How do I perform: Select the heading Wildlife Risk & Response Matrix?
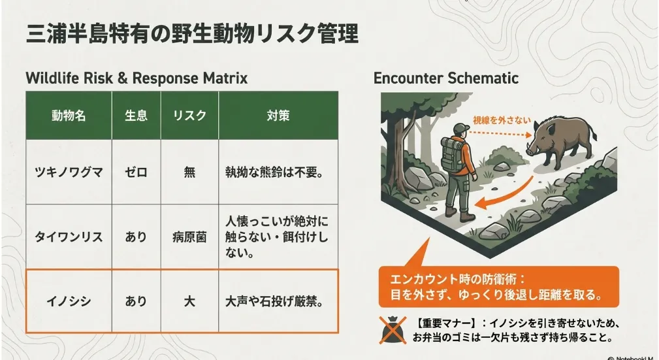point(137,78)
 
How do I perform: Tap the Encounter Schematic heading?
point(446,78)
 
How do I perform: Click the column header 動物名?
point(69,115)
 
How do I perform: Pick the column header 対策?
point(278,115)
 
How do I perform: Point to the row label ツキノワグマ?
point(69,172)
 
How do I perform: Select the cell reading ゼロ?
point(136,172)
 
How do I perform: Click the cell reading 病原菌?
point(189,237)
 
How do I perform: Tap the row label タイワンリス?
point(69,237)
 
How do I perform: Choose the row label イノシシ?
point(69,301)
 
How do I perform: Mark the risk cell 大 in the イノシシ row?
point(189,301)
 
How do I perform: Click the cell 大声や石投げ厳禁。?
point(275,301)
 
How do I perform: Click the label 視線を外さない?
point(502,120)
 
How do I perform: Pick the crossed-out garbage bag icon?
point(393,330)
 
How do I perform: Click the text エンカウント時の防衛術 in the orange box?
point(455,279)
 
